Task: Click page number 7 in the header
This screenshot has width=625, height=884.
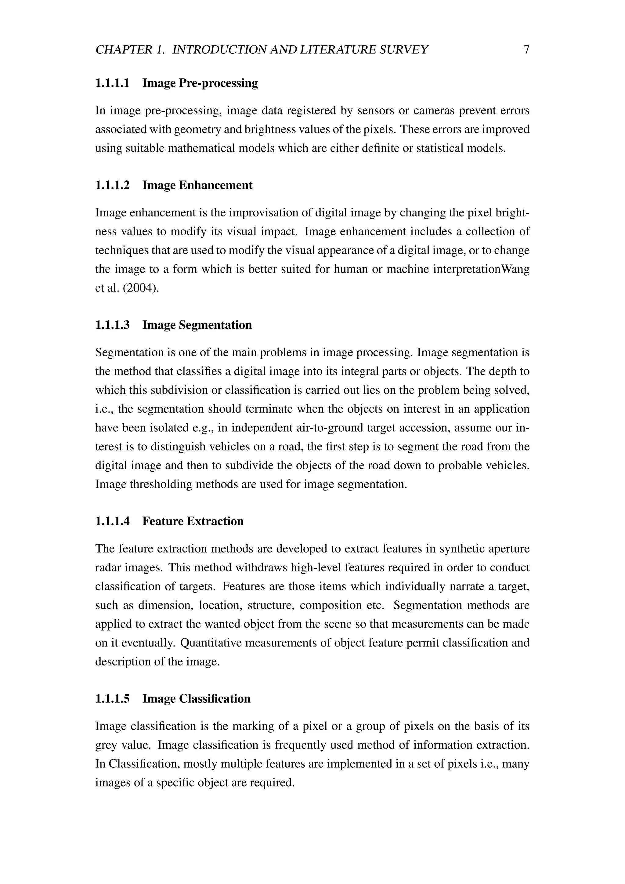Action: [x=526, y=50]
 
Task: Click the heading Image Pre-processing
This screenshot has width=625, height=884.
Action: [x=200, y=83]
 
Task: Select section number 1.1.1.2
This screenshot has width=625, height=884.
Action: [x=112, y=185]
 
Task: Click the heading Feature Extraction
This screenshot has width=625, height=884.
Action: [x=193, y=521]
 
